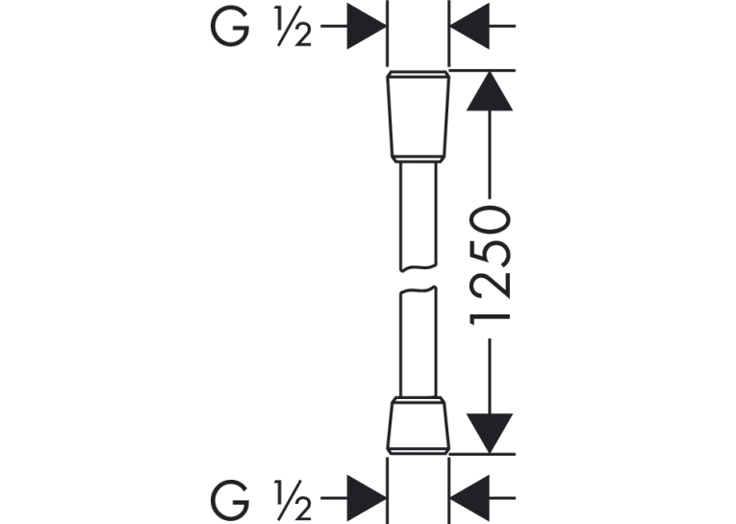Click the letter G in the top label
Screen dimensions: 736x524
coord(230,27)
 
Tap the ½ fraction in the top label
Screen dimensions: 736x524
coord(294,28)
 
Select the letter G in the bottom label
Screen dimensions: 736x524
coord(230,499)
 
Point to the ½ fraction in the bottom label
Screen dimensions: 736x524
coord(294,500)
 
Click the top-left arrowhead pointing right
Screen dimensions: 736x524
coord(367,26)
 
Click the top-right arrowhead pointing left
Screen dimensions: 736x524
coord(470,26)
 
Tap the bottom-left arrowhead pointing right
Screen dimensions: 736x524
coord(367,498)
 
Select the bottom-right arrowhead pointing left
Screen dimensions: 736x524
coord(470,498)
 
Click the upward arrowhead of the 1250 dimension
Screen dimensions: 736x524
coord(490,91)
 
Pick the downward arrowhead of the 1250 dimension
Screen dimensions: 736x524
coord(490,434)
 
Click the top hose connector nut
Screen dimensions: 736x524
coord(419,114)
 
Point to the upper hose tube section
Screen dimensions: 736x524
coord(419,216)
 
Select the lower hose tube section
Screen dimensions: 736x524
coord(419,341)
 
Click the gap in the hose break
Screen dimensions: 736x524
coord(419,279)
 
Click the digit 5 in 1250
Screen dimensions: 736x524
coord(490,252)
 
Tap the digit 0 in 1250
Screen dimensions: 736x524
coord(490,219)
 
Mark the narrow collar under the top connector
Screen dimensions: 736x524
coord(419,160)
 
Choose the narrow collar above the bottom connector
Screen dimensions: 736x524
coord(419,401)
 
